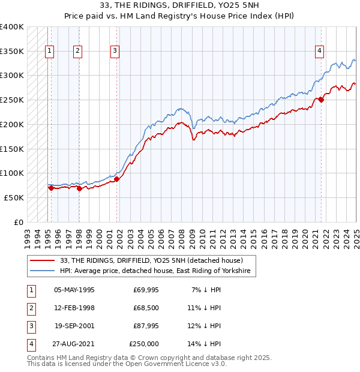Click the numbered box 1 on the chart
(49, 51)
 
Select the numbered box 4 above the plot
(320, 51)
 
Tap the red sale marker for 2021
(321, 100)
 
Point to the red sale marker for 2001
(117, 179)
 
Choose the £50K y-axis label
(14, 197)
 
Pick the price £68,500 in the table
(146, 308)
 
